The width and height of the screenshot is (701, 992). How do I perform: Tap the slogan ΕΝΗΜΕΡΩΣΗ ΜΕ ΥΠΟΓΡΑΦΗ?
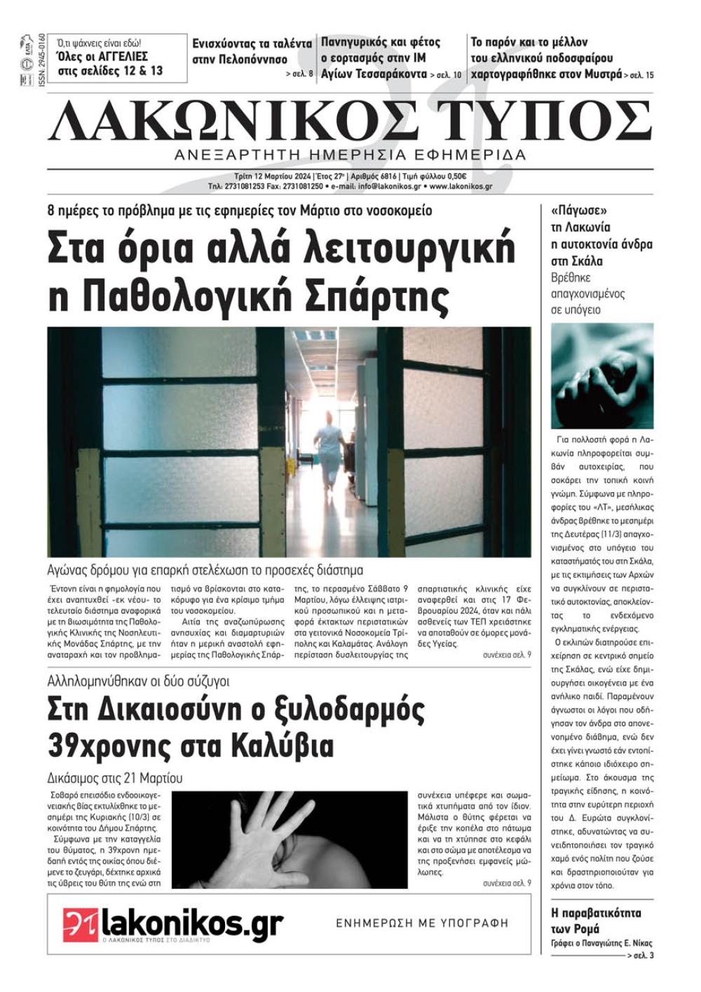click(422, 923)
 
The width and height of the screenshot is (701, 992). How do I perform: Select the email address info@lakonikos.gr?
click(389, 187)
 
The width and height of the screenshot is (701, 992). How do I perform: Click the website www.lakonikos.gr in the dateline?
click(461, 187)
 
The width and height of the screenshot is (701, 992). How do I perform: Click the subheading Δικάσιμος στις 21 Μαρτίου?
click(115, 778)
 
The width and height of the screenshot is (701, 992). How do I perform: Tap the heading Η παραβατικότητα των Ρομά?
click(596, 920)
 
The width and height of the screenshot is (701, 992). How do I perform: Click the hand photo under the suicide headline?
click(602, 376)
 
